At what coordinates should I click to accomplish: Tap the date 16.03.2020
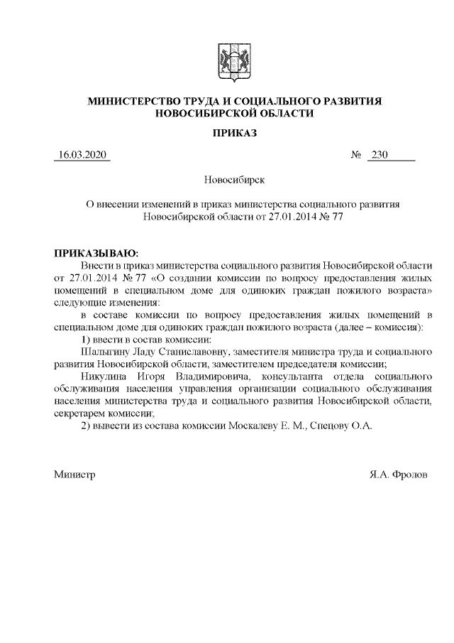click(82, 155)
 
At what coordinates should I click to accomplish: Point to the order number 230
click(380, 155)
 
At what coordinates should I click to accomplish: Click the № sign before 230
click(357, 155)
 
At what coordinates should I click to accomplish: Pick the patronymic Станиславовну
click(193, 351)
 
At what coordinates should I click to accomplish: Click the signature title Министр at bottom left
click(74, 474)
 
